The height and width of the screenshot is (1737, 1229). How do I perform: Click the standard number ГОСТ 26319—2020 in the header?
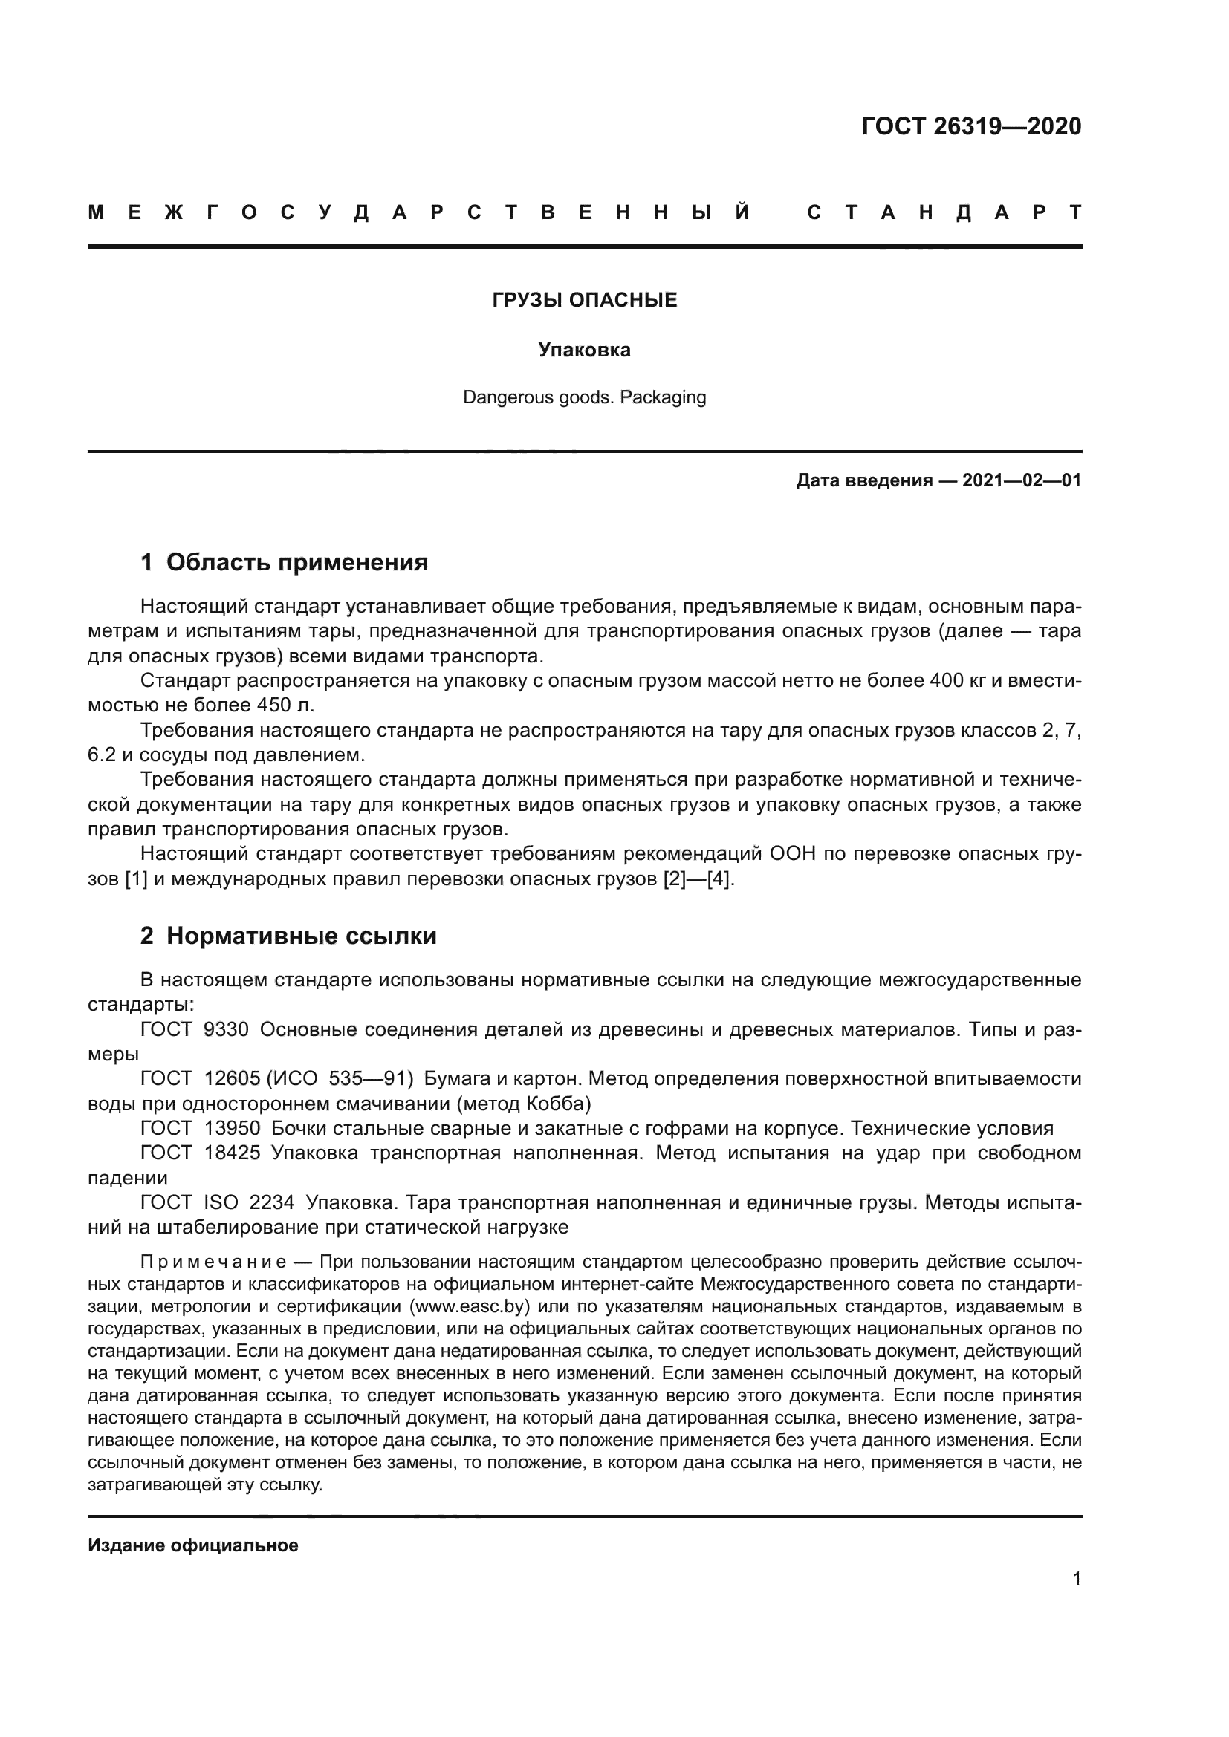(971, 126)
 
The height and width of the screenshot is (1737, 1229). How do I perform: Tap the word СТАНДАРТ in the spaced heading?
(944, 212)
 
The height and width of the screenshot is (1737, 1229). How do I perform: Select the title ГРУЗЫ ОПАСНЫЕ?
(584, 300)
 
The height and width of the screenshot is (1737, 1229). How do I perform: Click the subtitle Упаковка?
(584, 350)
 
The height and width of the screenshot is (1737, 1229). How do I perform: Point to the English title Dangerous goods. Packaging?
(584, 397)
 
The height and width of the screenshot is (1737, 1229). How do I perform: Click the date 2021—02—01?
(1021, 480)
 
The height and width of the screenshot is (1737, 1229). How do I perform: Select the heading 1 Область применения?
(284, 562)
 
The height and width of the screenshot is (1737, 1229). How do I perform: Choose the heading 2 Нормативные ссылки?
(288, 936)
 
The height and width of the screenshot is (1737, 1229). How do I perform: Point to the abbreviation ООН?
(794, 854)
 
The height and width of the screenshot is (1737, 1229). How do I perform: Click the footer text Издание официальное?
(193, 1545)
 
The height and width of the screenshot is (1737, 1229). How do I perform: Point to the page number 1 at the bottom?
(1077, 1579)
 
